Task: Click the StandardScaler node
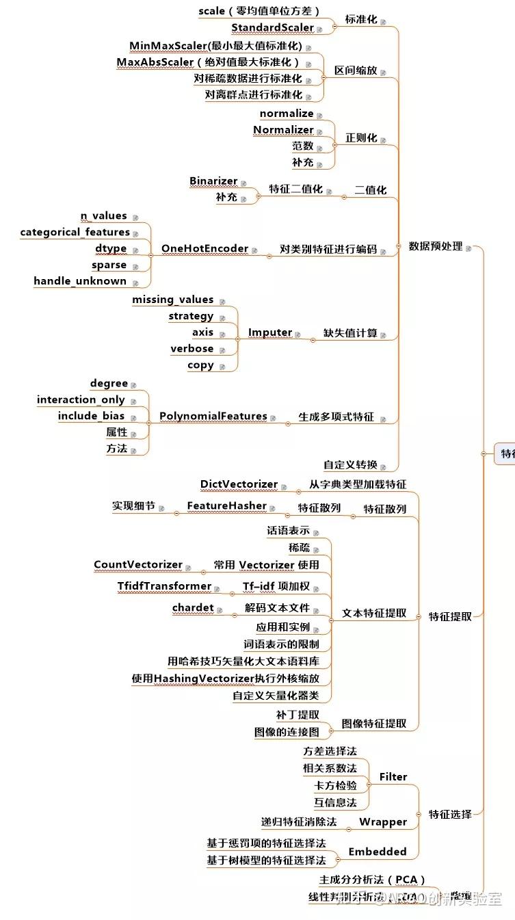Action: coord(272,28)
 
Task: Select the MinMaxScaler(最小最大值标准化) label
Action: coord(215,46)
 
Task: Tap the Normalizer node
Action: coord(283,130)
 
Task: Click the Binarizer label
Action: coord(213,181)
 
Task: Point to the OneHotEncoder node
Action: coord(204,248)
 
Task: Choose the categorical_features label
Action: coord(75,233)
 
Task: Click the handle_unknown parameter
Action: coord(80,281)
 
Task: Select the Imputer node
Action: coord(270,332)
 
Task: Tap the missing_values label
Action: coord(172,300)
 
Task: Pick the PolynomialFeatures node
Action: coord(213,416)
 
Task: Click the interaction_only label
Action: coord(81,399)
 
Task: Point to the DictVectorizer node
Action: coord(239,484)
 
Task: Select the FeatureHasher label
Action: coord(227,506)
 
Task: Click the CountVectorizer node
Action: coord(138,565)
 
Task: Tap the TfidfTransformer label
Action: coord(164,586)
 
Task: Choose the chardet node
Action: coord(193,607)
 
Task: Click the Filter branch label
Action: coord(393,777)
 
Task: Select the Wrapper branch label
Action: coord(383,822)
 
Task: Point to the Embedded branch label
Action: coord(378,852)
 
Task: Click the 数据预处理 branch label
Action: coord(436,246)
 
